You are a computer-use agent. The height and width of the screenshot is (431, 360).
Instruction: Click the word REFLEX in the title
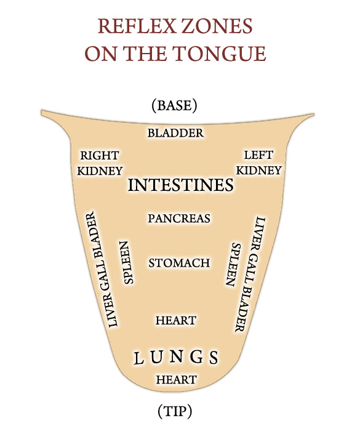(137, 26)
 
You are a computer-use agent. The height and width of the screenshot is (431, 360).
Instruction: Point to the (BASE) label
(175, 105)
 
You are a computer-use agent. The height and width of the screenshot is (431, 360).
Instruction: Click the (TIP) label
(175, 411)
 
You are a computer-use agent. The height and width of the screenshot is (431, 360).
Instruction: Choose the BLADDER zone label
(175, 133)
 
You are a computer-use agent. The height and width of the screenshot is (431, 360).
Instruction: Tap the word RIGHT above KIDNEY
(100, 155)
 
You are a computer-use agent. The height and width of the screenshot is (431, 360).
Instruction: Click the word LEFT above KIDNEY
(258, 155)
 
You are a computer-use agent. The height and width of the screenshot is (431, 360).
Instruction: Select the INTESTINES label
(181, 185)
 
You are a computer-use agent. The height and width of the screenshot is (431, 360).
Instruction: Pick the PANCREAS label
(179, 219)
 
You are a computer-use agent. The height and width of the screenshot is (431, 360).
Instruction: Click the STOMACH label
(179, 263)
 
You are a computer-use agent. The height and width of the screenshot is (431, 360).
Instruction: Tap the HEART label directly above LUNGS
(176, 320)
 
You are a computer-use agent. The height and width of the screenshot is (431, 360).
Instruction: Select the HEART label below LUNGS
(176, 380)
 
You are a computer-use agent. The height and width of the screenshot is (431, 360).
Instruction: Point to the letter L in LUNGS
(138, 358)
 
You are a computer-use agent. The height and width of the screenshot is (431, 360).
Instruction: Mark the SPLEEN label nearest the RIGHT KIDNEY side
(126, 262)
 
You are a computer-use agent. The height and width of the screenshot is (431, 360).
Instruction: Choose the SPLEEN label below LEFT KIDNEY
(234, 264)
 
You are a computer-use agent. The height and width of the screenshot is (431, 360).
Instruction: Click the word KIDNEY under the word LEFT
(259, 171)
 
